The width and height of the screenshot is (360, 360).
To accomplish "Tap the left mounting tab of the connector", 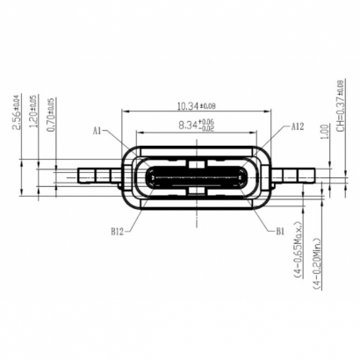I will point(96,175).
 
